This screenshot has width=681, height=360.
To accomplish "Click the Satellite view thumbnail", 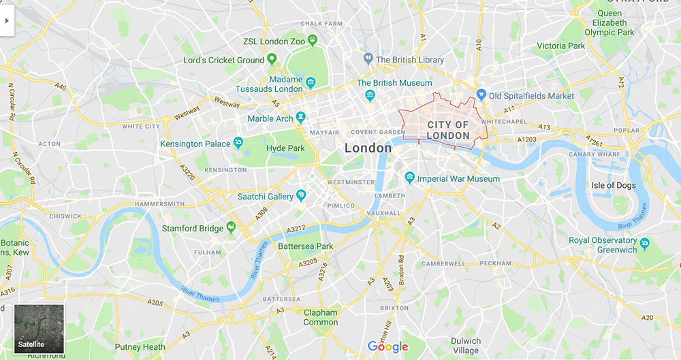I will click(x=39, y=329).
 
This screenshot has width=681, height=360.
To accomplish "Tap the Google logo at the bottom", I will click(x=387, y=346).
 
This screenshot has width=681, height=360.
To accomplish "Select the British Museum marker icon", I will click(x=370, y=95).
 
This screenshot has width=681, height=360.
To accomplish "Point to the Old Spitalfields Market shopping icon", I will click(x=481, y=95).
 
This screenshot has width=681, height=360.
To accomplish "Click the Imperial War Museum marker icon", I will click(x=409, y=178).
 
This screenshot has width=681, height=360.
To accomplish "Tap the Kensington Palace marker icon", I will click(x=238, y=143).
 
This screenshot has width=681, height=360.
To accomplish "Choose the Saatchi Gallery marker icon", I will click(x=300, y=196).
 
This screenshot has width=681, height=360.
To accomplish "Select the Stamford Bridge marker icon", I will click(x=231, y=227).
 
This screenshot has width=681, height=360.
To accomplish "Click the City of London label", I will click(x=447, y=130).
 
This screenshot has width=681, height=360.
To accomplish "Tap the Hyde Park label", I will click(x=286, y=148).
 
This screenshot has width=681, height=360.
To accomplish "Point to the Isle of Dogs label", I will click(x=613, y=185).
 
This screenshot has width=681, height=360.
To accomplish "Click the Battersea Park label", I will click(x=306, y=246).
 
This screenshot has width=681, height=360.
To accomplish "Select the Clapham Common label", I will click(x=320, y=317).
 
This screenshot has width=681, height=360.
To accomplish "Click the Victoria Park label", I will click(x=560, y=46).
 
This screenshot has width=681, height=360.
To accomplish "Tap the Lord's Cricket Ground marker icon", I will click(x=272, y=59).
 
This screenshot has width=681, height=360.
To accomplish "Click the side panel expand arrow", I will click(x=7, y=20).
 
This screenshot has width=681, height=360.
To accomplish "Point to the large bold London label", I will click(x=368, y=148).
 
